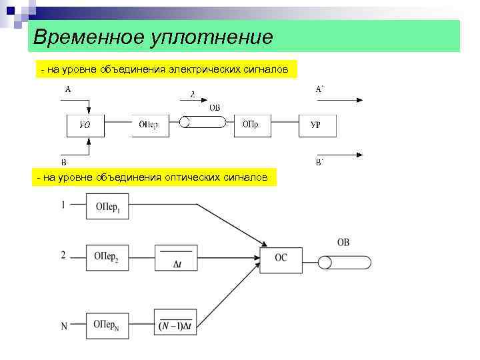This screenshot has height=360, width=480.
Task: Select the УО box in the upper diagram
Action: click(x=85, y=125)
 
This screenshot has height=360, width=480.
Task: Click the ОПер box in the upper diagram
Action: click(x=148, y=125)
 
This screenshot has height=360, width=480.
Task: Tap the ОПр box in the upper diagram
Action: click(x=251, y=125)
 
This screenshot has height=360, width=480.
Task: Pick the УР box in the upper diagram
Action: click(x=316, y=125)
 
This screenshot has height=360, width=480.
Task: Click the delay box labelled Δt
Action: click(x=176, y=258)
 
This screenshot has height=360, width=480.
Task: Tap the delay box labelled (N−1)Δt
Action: click(x=175, y=323)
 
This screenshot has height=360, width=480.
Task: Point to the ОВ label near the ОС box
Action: click(x=343, y=243)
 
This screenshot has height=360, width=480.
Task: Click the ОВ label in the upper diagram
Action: click(x=215, y=107)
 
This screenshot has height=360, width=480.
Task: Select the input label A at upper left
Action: click(x=68, y=89)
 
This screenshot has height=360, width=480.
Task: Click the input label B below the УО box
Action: click(x=64, y=162)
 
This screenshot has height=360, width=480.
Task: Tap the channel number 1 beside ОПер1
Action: click(x=63, y=205)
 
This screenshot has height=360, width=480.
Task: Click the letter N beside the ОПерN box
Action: click(x=64, y=326)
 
